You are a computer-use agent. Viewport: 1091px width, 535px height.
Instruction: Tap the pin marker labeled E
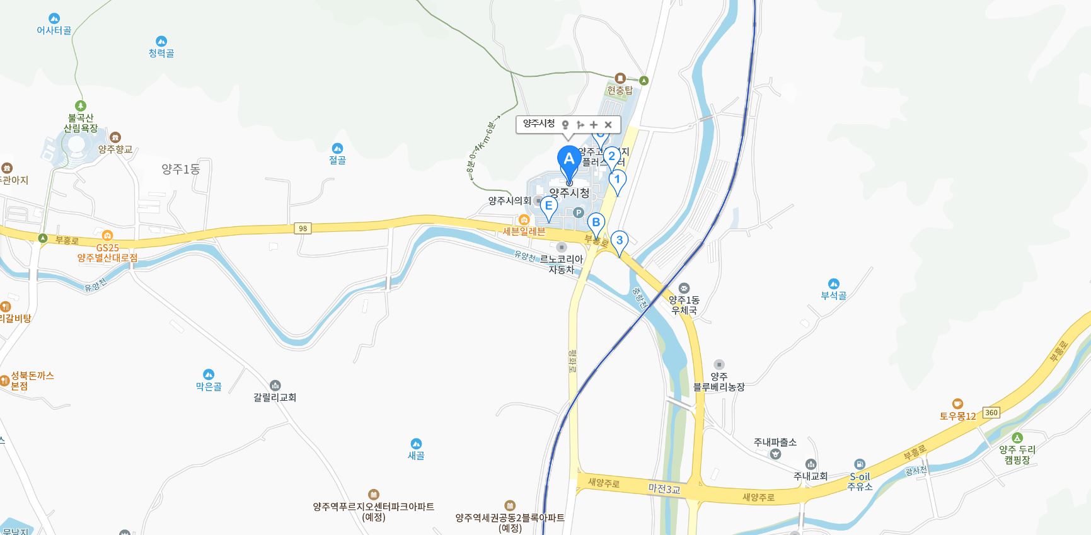[548, 206]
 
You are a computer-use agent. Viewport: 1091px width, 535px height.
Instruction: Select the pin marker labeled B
[596, 222]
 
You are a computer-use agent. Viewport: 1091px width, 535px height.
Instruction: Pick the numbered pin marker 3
[620, 240]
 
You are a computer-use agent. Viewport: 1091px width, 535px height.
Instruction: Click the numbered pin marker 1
[618, 180]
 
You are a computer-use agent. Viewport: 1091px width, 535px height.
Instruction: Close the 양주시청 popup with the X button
[608, 125]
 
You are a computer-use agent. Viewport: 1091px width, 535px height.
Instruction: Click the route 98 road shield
[303, 228]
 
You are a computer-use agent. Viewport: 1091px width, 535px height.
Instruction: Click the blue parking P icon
[578, 213]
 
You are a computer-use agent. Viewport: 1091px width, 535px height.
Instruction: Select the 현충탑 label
[620, 90]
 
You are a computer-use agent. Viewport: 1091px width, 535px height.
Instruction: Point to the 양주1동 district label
[181, 169]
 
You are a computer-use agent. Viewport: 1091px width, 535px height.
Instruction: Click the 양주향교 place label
[115, 149]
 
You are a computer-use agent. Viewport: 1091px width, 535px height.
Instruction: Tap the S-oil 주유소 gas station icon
[860, 464]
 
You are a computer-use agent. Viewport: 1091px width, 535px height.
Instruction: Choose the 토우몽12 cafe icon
[957, 404]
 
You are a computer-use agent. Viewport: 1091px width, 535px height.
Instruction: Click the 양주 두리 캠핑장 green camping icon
[1017, 438]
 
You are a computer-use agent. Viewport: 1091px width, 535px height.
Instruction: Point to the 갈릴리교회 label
[275, 397]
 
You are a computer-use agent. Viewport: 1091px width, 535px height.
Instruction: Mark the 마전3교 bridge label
[664, 488]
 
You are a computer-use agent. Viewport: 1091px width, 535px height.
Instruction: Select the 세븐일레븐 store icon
[524, 220]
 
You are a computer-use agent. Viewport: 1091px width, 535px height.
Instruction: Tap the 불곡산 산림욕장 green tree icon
[80, 106]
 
